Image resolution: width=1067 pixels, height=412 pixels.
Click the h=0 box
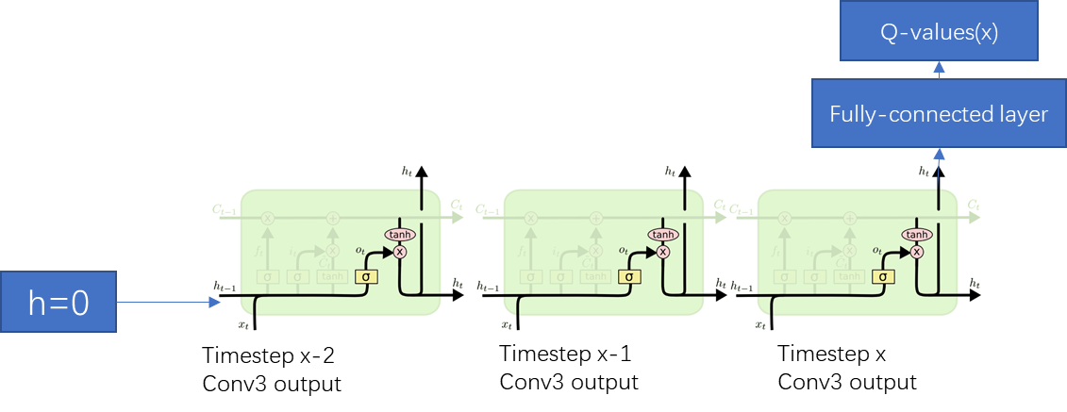point(58,302)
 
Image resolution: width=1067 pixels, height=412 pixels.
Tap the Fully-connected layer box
point(939,114)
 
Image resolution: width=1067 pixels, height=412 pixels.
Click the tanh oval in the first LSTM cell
point(399,234)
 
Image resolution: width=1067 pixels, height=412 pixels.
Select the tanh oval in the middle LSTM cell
point(663,234)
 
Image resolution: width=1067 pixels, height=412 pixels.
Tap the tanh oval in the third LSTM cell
point(916,234)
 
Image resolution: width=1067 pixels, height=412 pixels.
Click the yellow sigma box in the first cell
point(365,276)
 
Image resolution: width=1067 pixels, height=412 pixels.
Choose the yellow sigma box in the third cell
point(882,276)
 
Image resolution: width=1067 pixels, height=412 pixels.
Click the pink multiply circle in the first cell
point(400,252)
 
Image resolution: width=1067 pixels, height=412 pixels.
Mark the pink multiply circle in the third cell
point(917,252)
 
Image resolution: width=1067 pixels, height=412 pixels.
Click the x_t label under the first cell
point(244,324)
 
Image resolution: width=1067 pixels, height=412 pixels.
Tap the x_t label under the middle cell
point(508,324)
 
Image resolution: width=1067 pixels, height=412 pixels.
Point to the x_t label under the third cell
point(760,324)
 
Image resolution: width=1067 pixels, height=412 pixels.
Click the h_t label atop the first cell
point(407,171)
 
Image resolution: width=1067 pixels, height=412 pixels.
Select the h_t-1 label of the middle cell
point(489,286)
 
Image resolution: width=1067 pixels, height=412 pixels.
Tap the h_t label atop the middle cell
point(671,171)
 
